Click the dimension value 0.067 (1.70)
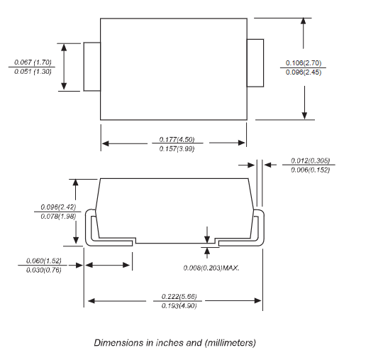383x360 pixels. coord(33,62)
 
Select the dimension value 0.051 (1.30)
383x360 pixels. coord(33,72)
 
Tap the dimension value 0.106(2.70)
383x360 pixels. coord(304,63)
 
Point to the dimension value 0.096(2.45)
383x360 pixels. coord(304,72)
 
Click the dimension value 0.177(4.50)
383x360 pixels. coord(177,139)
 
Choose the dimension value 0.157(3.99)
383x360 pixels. coord(177,148)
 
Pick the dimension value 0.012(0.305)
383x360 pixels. coord(310,160)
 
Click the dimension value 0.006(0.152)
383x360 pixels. coord(310,170)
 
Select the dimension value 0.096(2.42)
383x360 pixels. coord(58,207)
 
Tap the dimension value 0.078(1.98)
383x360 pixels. coord(58,217)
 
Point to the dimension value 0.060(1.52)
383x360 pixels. coord(44,261)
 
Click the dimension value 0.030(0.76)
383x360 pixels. coord(44,271)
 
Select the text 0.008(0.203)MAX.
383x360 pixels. coord(211,268)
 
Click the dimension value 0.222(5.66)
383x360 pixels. coord(179,296)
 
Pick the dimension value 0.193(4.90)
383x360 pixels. coord(179,306)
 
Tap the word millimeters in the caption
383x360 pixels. coord(230,343)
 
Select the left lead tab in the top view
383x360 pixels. coord(92,67)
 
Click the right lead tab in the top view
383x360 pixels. coord(255,63)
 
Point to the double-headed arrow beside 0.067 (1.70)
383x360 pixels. coord(64,67)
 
